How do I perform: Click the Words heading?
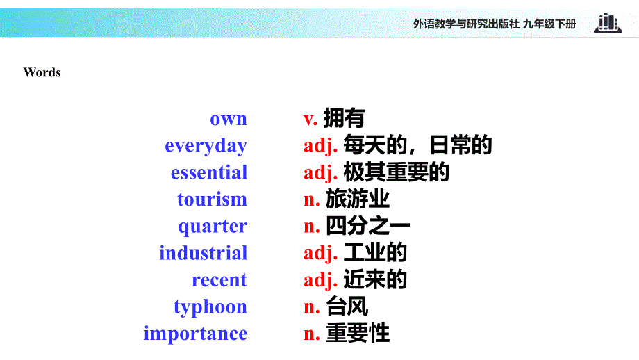coord(42,72)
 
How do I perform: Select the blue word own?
coord(229,119)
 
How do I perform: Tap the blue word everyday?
coord(206,146)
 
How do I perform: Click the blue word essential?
coord(209,172)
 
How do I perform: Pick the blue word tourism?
coord(212,199)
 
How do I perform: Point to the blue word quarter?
coord(213,227)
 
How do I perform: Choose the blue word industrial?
coord(203,253)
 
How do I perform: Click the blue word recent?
coord(219,280)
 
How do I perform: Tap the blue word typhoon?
coord(210,306)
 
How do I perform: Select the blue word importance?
coord(195,334)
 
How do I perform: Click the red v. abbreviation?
coord(310,119)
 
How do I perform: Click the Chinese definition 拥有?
coord(344,119)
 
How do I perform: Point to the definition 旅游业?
coord(357,199)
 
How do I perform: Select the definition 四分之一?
coord(368,227)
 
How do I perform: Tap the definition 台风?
coord(347,306)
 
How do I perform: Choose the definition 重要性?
coord(357,334)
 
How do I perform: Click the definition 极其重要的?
coord(396,172)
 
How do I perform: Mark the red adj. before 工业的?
coord(320,253)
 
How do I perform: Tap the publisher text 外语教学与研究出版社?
coord(466,24)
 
